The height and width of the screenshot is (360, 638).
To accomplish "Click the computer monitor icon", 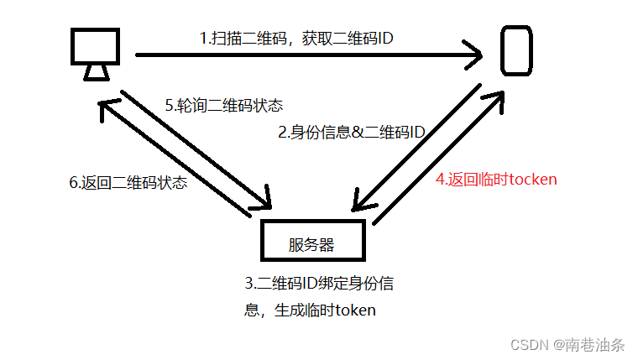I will tap(94, 48).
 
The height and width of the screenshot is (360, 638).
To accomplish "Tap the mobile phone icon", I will tap(515, 50).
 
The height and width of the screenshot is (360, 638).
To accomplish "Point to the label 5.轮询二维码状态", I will tap(224, 106).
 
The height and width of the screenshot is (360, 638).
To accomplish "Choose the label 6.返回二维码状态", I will tap(128, 182).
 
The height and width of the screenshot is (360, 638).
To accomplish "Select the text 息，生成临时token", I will tap(310, 310).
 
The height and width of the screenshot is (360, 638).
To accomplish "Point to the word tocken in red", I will tap(532, 179).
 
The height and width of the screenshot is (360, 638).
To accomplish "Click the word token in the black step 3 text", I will tap(356, 310).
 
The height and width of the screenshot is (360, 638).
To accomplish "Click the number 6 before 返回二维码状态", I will tap(72, 182).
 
